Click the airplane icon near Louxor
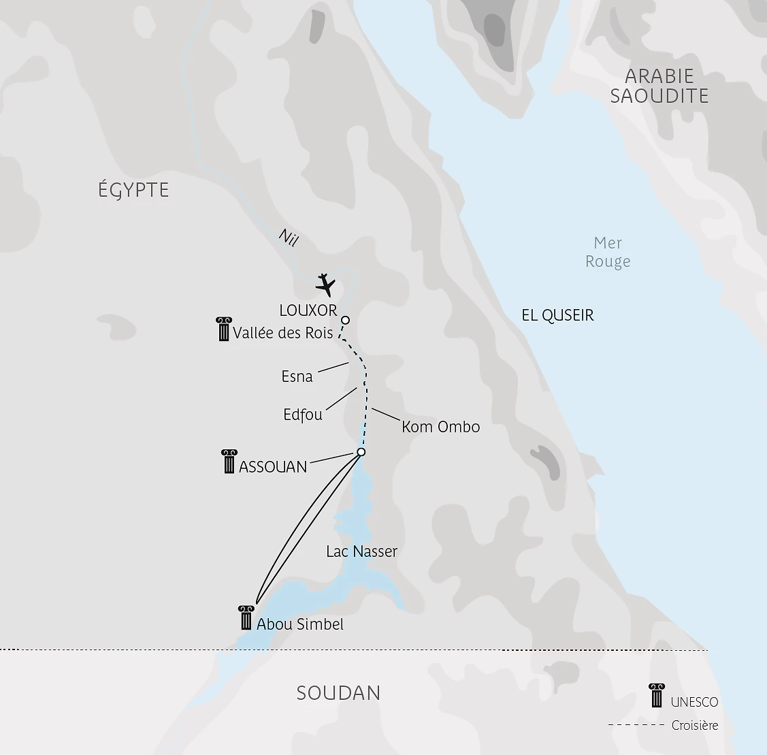[327, 285]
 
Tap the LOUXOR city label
[308, 310]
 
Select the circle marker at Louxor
[345, 320]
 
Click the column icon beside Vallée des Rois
[223, 329]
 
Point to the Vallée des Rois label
[283, 333]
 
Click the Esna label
[297, 376]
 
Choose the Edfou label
[303, 415]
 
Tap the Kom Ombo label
[440, 427]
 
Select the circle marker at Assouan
[361, 452]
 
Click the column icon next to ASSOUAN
[229, 461]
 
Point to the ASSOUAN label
[273, 467]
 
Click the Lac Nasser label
[361, 551]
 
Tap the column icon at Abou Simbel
[246, 617]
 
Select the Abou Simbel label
[300, 624]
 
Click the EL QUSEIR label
[557, 315]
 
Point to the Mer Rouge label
[608, 252]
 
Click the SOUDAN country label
[338, 693]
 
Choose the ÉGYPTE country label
[133, 190]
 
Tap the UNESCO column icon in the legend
[657, 696]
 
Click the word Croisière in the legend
[695, 726]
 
